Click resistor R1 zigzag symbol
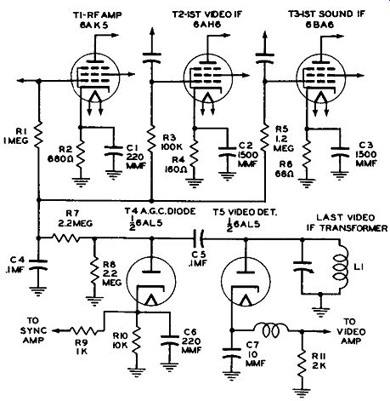tap(39, 135)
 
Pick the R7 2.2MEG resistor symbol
tap(66, 238)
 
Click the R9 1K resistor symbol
tap(83, 330)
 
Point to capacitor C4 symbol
tap(38, 264)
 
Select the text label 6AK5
tap(93, 26)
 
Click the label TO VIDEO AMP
tap(353, 331)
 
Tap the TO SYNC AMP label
tap(34, 330)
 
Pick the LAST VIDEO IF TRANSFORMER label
tap(348, 223)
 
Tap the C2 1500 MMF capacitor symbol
tap(227, 152)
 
